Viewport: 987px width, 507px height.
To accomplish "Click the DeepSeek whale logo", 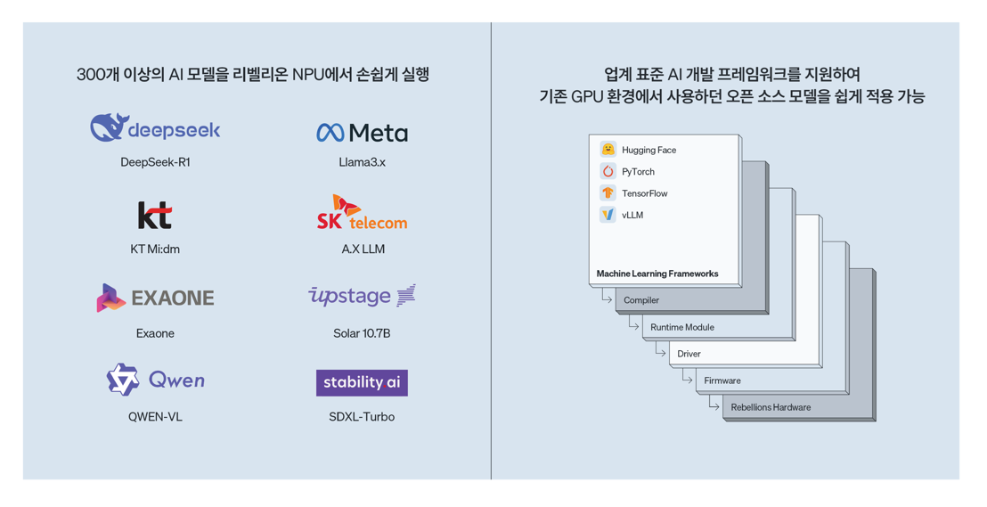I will (110, 127).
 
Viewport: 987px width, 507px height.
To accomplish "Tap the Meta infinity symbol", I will (330, 133).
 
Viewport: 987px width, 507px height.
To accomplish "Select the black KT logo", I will (155, 215).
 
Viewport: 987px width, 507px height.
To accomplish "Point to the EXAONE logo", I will (155, 298).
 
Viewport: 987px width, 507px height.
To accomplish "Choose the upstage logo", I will (362, 296).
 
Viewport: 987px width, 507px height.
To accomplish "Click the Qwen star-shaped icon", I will (123, 380).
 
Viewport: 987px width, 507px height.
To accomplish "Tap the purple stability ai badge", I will (362, 382).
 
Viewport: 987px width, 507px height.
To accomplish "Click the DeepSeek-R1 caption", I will (155, 162).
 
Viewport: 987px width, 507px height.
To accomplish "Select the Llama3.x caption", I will (362, 162).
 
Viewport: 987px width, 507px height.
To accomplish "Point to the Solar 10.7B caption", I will (362, 333).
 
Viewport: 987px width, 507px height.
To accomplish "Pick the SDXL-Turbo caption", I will (362, 417).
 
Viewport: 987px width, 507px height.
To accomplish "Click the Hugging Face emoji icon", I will (608, 150).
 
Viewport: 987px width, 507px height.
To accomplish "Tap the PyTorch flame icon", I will (608, 171).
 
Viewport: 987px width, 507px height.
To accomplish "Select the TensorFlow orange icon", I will (608, 192).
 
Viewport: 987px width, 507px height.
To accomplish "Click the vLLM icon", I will (608, 215).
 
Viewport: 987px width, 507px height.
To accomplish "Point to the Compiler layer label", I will (641, 300).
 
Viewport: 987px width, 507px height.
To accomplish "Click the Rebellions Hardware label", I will (771, 407).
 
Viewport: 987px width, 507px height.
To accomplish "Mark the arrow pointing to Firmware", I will (688, 379).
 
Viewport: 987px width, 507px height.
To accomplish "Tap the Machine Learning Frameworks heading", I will (657, 274).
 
